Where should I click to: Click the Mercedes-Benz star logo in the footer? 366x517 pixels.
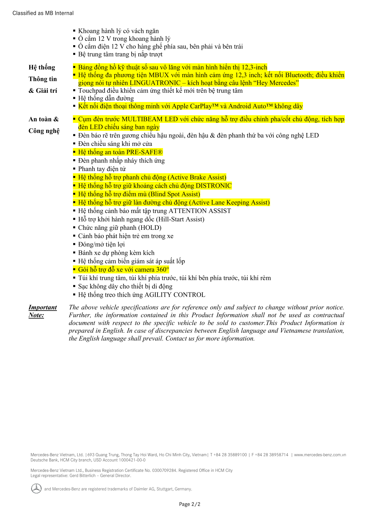point(36,488)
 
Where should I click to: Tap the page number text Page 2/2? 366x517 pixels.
point(190,504)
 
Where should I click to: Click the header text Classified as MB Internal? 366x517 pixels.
point(43,13)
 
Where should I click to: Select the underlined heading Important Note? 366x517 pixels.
point(42,311)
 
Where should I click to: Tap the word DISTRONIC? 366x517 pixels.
point(214,186)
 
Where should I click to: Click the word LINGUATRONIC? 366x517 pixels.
point(155,83)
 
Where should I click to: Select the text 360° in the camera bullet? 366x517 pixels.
point(163,269)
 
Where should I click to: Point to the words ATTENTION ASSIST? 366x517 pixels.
point(200,211)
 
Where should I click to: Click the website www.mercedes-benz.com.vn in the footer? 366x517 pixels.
point(320,455)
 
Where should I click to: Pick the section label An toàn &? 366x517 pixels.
point(44,119)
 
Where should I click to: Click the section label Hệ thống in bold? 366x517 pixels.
point(42,67)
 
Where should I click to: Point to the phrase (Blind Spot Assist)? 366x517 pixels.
point(174,194)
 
